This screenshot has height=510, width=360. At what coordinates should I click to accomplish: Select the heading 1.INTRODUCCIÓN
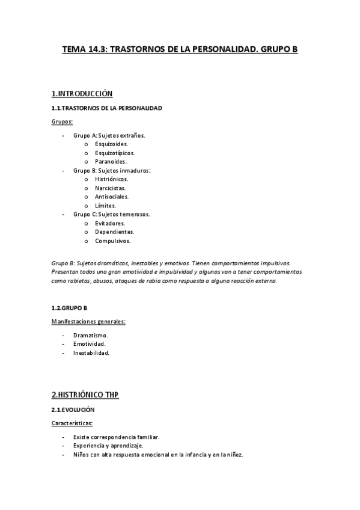pyautogui.click(x=82, y=94)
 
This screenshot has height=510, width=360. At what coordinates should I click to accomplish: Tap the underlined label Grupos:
pyautogui.click(x=62, y=121)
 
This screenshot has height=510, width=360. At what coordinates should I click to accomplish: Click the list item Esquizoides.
pyautogui.click(x=111, y=144)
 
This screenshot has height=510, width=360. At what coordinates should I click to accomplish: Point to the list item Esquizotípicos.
pyautogui.click(x=114, y=153)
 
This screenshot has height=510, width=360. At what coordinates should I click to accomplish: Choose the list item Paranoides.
pyautogui.click(x=111, y=162)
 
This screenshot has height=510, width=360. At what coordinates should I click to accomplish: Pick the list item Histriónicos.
pyautogui.click(x=111, y=179)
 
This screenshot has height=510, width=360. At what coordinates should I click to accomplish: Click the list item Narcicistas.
pyautogui.click(x=110, y=188)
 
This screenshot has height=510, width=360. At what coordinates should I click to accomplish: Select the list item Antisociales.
pyautogui.click(x=111, y=197)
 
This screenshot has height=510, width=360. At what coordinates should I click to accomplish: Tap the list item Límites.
pyautogui.click(x=105, y=206)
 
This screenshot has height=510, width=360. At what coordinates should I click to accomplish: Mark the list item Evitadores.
pyautogui.click(x=109, y=223)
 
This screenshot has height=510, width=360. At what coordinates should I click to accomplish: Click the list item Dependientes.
pyautogui.click(x=114, y=232)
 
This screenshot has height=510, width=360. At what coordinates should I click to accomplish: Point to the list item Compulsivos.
pyautogui.click(x=112, y=241)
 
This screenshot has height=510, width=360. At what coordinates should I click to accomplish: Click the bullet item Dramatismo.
pyautogui.click(x=90, y=336)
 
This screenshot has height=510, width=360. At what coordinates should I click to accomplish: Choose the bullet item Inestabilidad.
pyautogui.click(x=91, y=353)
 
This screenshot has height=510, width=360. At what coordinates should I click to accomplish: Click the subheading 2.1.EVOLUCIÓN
pyautogui.click(x=73, y=410)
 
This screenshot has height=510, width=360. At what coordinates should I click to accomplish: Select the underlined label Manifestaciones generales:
pyautogui.click(x=88, y=322)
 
